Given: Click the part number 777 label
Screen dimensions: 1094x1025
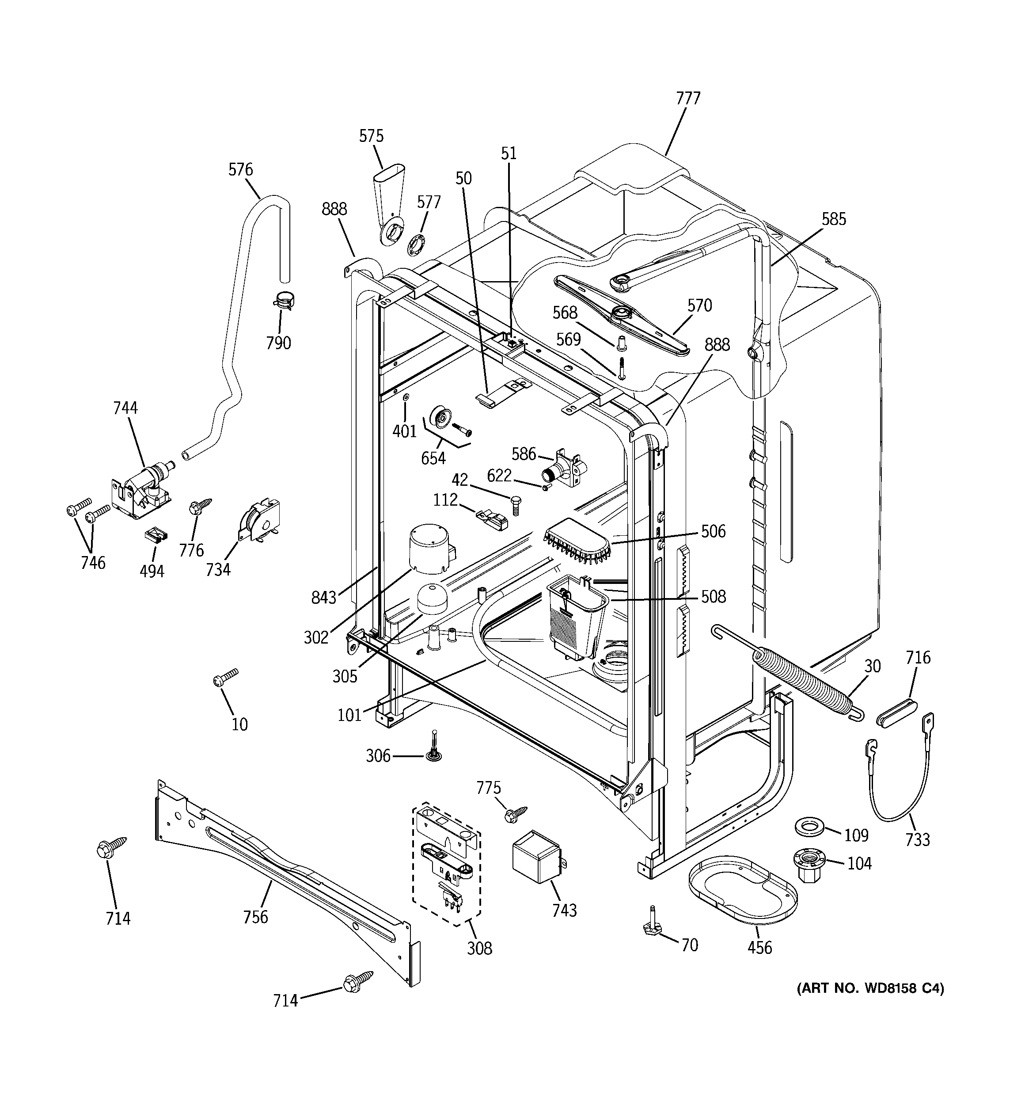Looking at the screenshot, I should click(x=688, y=99).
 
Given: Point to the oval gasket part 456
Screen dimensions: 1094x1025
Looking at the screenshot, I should click(x=742, y=889).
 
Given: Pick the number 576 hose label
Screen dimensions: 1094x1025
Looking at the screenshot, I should click(x=240, y=169).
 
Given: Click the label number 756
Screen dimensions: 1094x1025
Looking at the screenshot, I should click(x=255, y=917).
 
